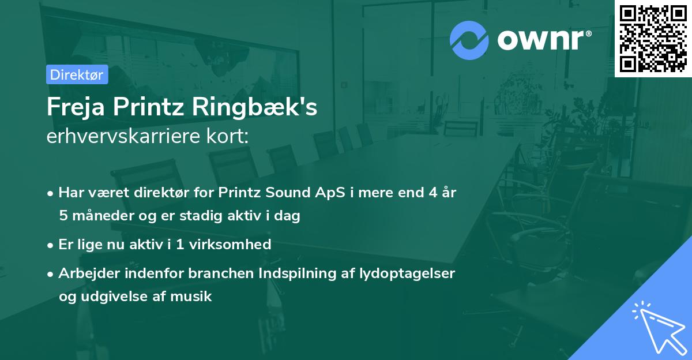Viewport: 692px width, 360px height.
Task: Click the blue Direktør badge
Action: [x=77, y=74]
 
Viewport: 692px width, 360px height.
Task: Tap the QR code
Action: [x=653, y=39]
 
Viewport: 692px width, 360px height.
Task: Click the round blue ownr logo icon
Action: [x=469, y=40]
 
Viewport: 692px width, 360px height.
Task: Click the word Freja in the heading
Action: [x=76, y=107]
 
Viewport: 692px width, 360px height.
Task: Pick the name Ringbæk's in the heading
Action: [x=254, y=107]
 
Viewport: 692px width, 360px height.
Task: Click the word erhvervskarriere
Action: [x=123, y=136]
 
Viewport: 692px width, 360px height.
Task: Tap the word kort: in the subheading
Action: [x=227, y=136]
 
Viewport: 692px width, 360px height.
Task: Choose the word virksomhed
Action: [x=230, y=244]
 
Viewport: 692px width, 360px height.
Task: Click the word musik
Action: [x=191, y=297]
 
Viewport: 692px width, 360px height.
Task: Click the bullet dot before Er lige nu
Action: [x=50, y=245]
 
